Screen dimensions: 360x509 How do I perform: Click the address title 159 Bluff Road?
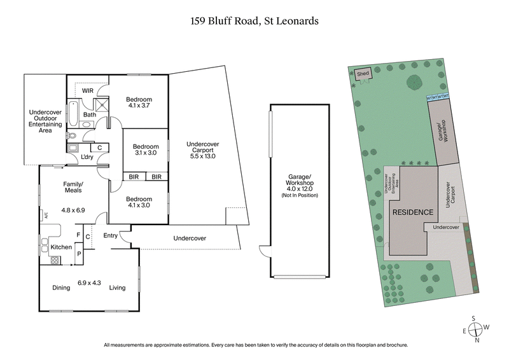(x=254, y=20)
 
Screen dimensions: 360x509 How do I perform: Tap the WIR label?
(x=87, y=91)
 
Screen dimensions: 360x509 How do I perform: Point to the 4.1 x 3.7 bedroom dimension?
(x=138, y=107)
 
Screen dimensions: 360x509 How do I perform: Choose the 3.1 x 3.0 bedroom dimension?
(x=145, y=153)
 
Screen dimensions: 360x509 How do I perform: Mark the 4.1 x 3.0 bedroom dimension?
(x=138, y=205)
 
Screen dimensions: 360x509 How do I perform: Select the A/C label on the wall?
(x=45, y=215)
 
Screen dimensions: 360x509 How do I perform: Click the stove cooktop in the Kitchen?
(x=54, y=260)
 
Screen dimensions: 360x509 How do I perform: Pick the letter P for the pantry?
(x=78, y=253)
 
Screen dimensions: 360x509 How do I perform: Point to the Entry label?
(x=110, y=236)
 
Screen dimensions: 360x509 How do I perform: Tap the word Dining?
(x=61, y=287)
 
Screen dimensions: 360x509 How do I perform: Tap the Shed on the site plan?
(x=363, y=74)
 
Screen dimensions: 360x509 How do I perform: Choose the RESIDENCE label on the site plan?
(x=412, y=212)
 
